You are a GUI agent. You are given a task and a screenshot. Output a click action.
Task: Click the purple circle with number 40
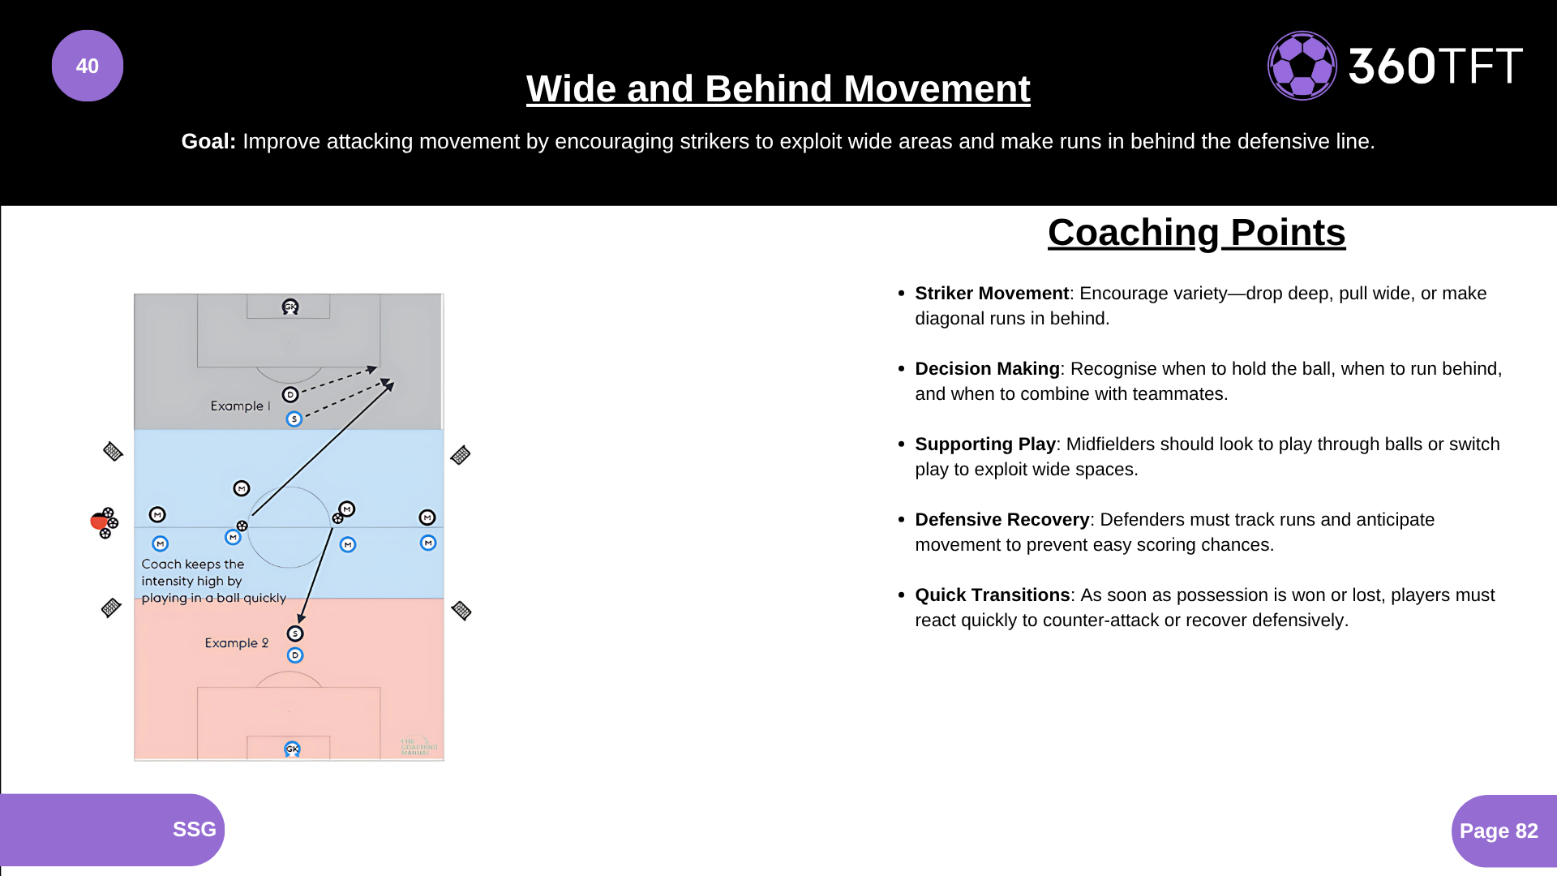click(88, 66)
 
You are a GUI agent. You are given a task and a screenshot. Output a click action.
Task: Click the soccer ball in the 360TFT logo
click(1302, 66)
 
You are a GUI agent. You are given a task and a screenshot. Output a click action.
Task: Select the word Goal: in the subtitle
click(208, 141)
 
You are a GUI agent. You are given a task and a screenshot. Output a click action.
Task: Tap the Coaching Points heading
click(1196, 233)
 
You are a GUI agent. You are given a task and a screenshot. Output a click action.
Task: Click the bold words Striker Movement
click(992, 294)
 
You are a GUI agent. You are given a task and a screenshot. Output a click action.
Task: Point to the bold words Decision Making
click(987, 369)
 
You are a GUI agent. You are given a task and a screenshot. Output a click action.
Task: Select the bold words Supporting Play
click(985, 444)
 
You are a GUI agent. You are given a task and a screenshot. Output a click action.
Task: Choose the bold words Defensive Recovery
click(1002, 520)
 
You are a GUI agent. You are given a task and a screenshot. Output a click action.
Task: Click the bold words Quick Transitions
click(993, 595)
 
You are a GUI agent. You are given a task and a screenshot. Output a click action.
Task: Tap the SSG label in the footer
click(194, 829)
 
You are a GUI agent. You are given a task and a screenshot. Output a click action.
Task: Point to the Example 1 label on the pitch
click(240, 406)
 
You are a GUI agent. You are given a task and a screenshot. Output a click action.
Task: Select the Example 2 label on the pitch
click(236, 642)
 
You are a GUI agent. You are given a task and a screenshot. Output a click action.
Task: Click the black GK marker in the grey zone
click(290, 307)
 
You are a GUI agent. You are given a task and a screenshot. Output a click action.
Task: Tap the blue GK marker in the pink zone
click(292, 749)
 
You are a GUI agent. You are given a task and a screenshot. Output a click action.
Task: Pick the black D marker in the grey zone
click(290, 394)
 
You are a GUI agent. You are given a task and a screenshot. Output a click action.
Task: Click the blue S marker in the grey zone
click(294, 419)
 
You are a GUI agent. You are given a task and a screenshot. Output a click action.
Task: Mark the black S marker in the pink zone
click(295, 633)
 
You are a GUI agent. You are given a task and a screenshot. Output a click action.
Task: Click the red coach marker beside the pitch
click(100, 522)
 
